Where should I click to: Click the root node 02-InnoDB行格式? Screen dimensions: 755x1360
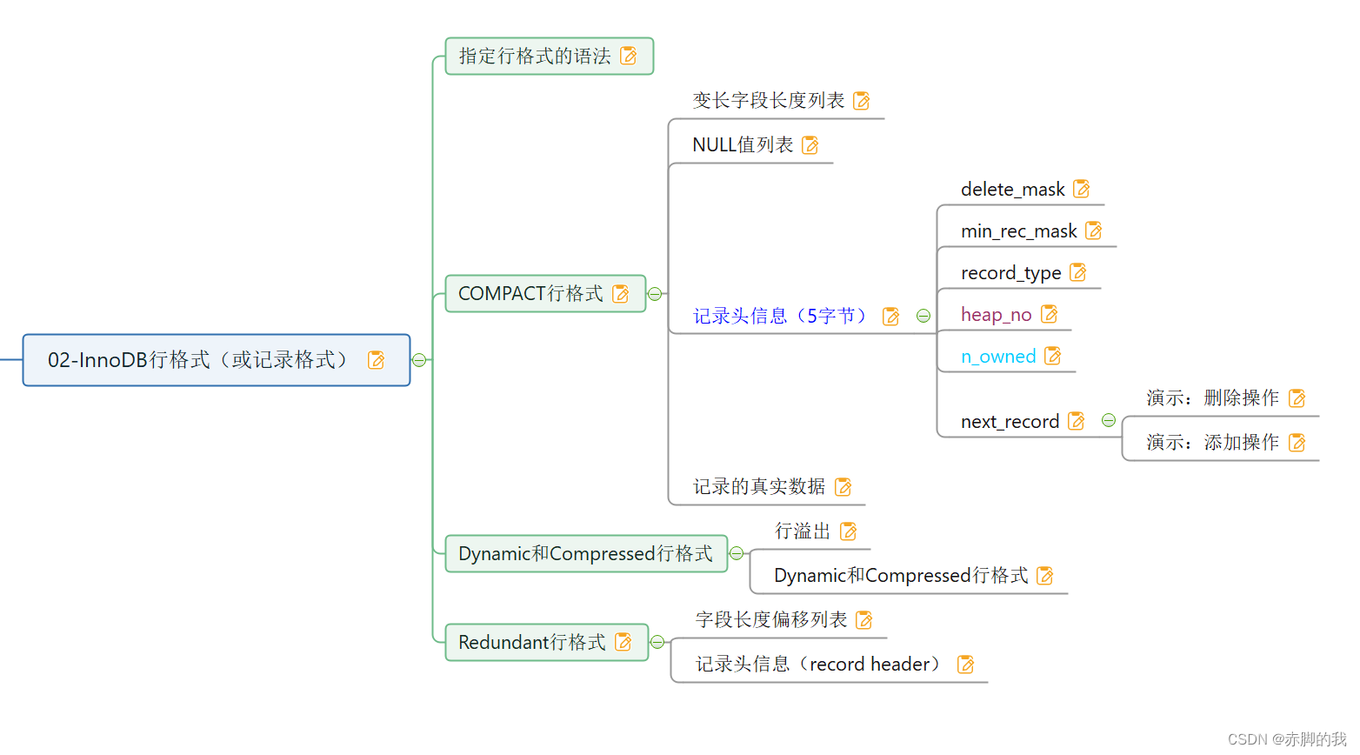198,360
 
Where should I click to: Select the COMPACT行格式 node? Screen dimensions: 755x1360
530,294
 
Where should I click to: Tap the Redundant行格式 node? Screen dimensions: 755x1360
531,643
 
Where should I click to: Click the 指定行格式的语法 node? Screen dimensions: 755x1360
535,57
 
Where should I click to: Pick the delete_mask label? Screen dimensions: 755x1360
1012,190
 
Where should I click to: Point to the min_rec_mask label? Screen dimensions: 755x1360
1018,231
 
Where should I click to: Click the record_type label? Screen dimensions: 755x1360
1010,273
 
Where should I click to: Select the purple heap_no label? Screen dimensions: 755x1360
996,315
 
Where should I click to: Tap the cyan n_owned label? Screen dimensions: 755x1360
998,357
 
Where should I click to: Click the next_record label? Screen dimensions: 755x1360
1010,422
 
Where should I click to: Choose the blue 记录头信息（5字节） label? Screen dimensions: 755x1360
782,316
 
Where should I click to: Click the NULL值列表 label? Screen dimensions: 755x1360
743,145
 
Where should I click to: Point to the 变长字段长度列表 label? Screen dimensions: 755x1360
769,101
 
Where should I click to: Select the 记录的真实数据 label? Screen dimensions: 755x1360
759,487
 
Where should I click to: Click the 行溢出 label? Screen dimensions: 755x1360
803,531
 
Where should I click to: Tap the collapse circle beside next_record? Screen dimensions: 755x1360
1109,421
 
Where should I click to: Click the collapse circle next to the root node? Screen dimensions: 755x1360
419,360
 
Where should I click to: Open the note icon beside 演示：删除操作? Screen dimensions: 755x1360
1297,398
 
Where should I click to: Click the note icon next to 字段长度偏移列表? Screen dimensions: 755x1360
864,620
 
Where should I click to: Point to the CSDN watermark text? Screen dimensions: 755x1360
1287,739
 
